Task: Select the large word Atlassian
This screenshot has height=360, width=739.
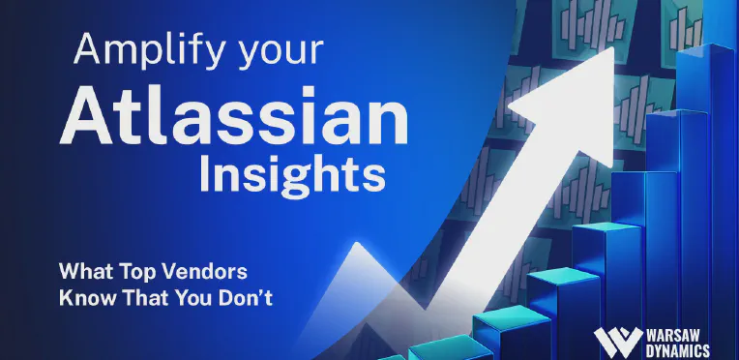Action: [x=234, y=116]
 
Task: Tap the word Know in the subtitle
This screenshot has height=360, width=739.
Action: [x=87, y=299]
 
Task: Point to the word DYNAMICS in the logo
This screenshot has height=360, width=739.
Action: [x=678, y=350]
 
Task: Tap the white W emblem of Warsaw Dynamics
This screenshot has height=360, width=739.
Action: [x=618, y=342]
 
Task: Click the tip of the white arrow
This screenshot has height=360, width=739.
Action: [x=613, y=47]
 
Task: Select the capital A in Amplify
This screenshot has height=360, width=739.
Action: [x=88, y=49]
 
